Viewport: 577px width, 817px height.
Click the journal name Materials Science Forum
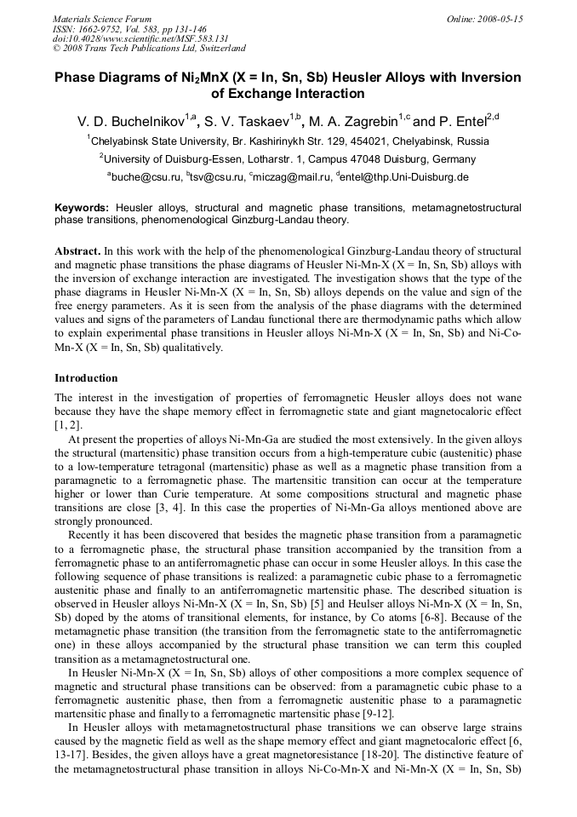tap(102, 19)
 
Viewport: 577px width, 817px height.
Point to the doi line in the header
tap(124, 38)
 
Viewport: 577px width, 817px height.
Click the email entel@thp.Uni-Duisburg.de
tap(405, 177)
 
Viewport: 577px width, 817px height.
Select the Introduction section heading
tap(86, 377)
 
